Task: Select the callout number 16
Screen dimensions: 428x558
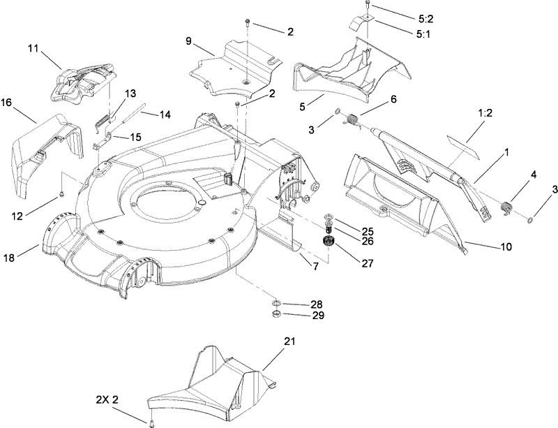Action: (6, 102)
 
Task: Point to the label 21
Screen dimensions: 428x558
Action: (289, 341)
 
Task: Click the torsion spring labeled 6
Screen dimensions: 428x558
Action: (355, 120)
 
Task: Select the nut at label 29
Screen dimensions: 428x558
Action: (276, 316)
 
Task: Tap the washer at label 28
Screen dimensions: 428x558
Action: (277, 304)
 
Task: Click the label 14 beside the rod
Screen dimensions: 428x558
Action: (165, 114)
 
